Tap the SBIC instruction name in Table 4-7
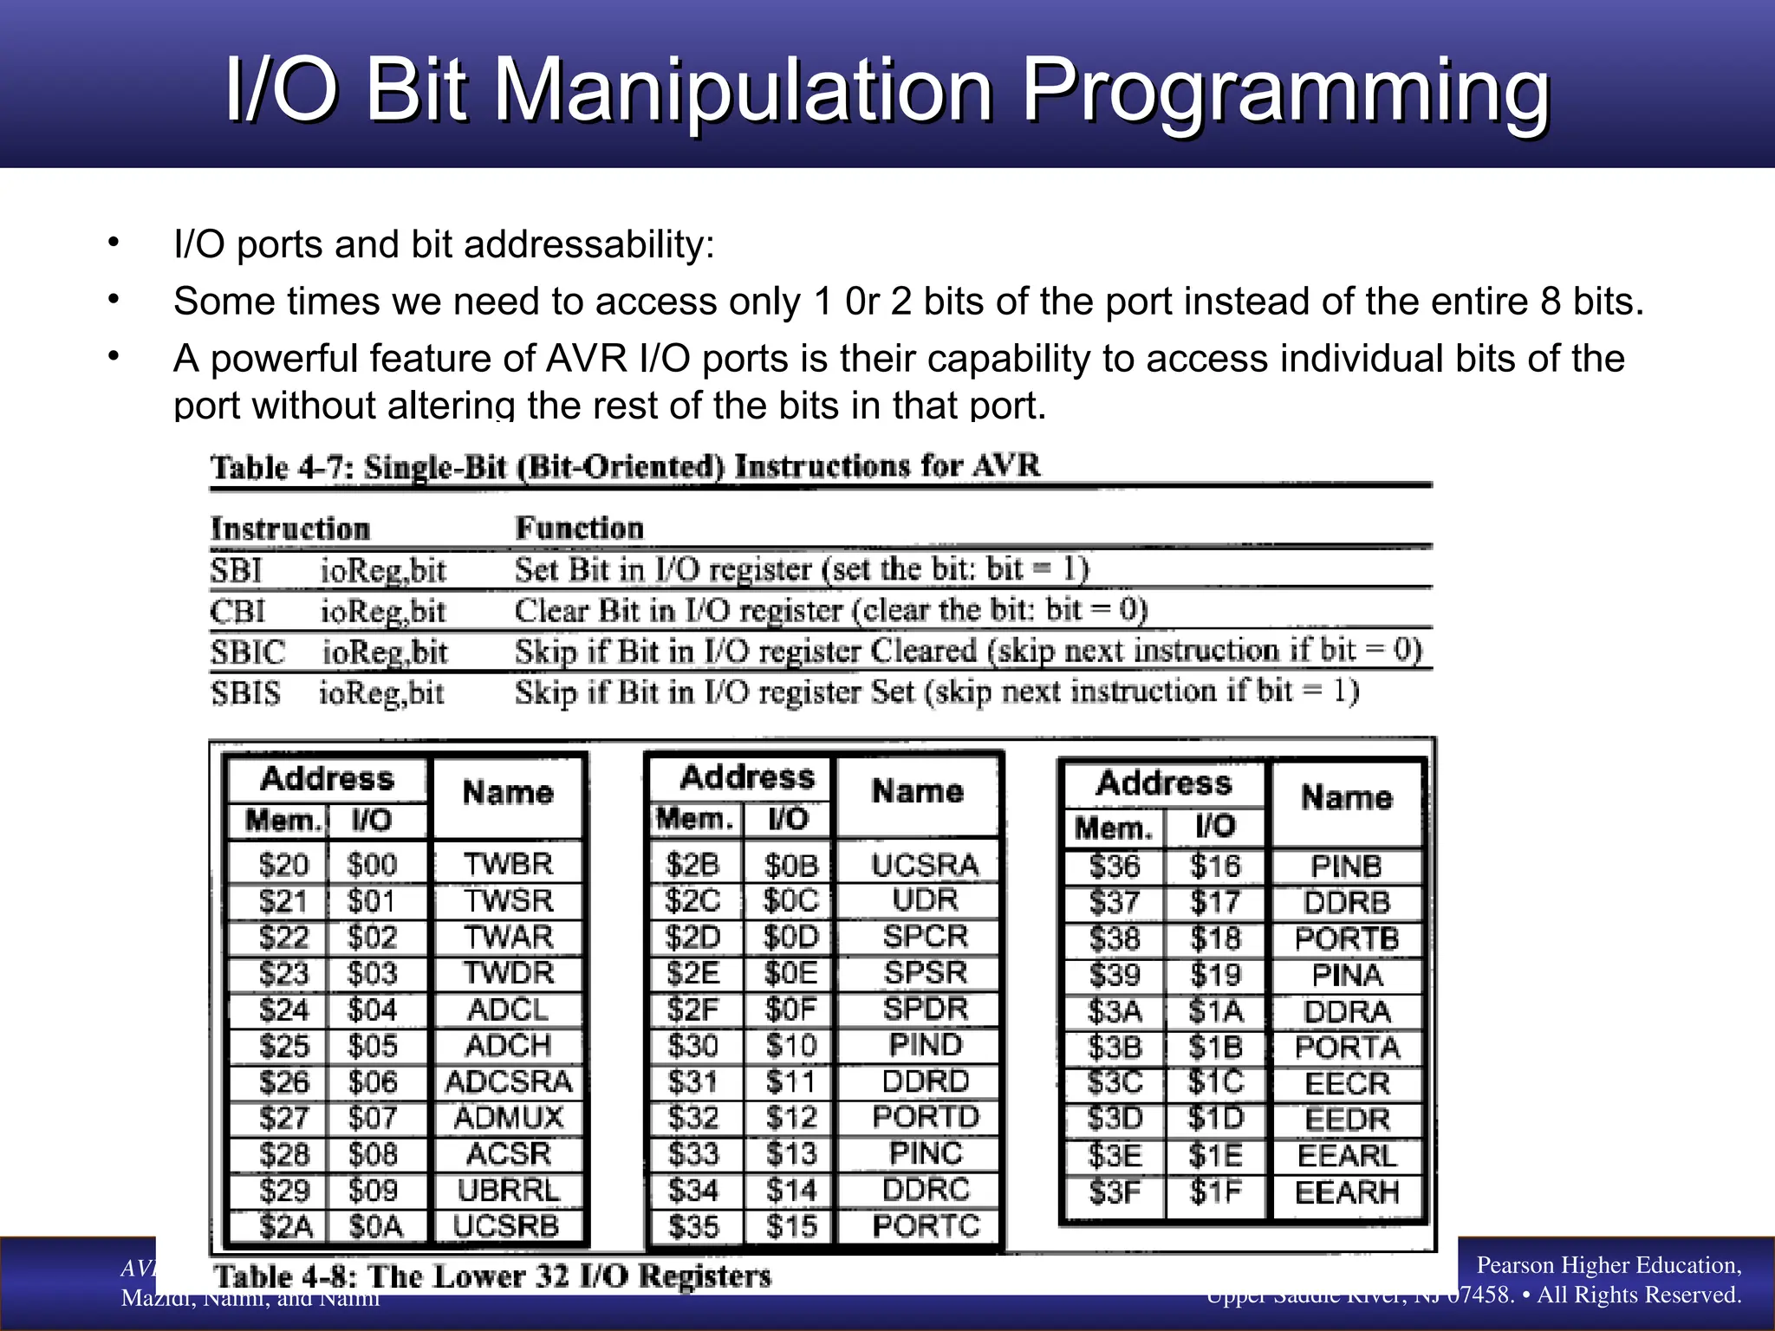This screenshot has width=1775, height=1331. pyautogui.click(x=247, y=653)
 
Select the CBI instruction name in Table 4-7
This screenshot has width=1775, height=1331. pyautogui.click(x=237, y=612)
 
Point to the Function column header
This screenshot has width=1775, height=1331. pyautogui.click(x=579, y=528)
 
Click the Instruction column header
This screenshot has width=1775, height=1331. pyautogui.click(x=290, y=529)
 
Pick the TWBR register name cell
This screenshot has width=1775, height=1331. pyautogui.click(x=508, y=864)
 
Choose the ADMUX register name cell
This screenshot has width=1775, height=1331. pyautogui.click(x=508, y=1118)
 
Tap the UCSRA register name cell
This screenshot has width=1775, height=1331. pyautogui.click(x=925, y=865)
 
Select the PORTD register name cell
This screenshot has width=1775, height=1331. pyautogui.click(x=925, y=1117)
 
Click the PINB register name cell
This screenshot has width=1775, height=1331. pyautogui.click(x=1346, y=867)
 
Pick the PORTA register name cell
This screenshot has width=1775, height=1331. pyautogui.click(x=1347, y=1048)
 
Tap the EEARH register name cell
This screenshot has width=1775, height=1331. pyautogui.click(x=1347, y=1193)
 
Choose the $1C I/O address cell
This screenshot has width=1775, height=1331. pyautogui.click(x=1215, y=1083)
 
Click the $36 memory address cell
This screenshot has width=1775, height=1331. pyautogui.click(x=1115, y=867)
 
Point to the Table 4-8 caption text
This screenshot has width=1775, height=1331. pyautogui.click(x=491, y=1276)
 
